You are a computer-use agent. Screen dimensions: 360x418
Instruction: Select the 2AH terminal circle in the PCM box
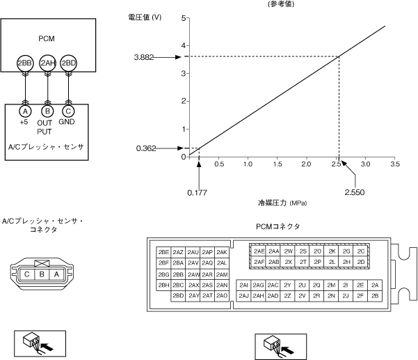click(47, 63)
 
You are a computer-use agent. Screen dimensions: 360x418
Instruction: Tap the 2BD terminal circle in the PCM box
click(68, 63)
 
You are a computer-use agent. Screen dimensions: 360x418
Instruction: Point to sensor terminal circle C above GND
click(68, 111)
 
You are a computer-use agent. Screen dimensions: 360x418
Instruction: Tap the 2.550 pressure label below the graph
click(354, 191)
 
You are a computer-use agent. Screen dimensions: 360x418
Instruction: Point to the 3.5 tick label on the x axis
click(394, 164)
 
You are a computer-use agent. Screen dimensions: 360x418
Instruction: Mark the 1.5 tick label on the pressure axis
click(278, 164)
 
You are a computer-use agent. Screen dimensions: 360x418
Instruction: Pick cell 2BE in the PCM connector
click(164, 251)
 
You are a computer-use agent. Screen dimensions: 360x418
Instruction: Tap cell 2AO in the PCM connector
click(222, 296)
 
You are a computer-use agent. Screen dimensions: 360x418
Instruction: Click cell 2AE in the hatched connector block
click(259, 251)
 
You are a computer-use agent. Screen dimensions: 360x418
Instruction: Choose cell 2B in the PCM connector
click(376, 296)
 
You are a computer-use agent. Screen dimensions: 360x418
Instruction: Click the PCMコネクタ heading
click(278, 227)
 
